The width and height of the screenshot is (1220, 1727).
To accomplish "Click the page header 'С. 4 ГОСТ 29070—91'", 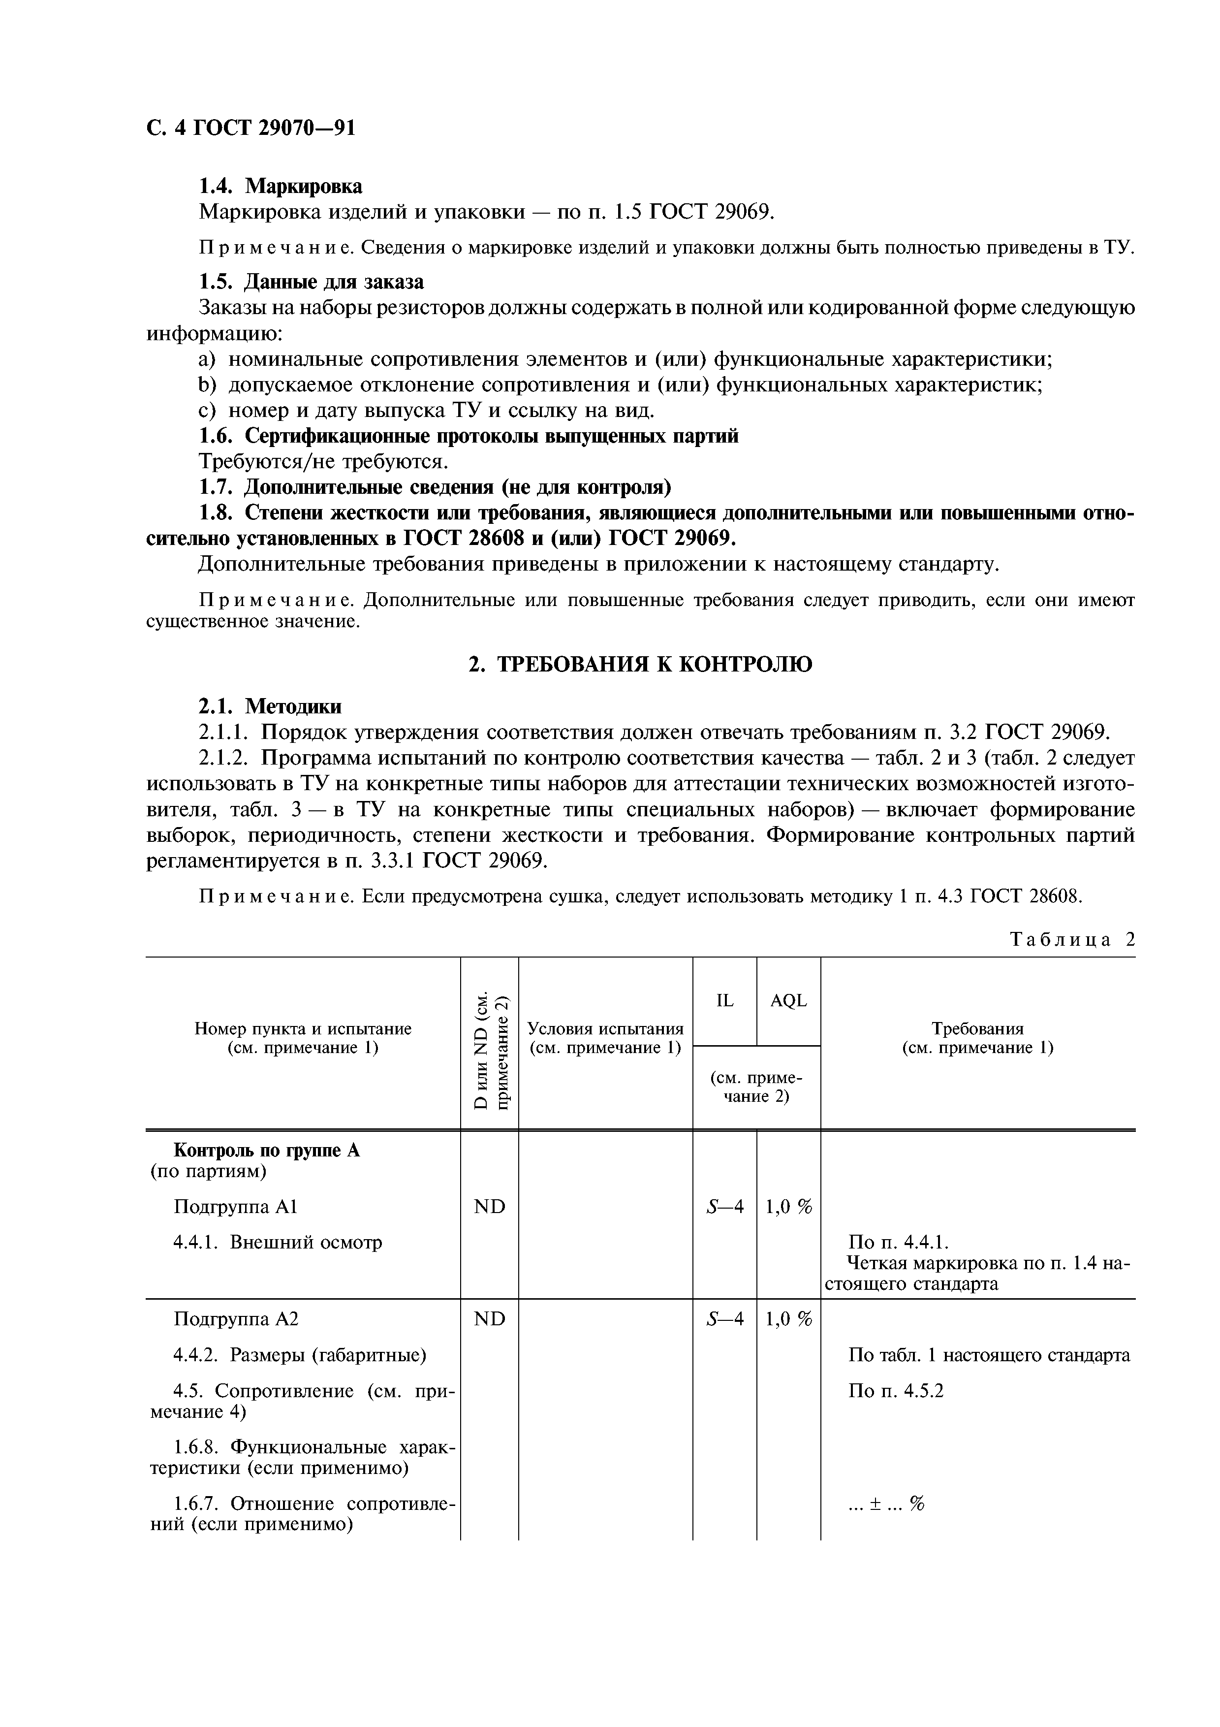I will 250,128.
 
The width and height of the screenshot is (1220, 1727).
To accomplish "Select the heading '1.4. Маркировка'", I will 280,185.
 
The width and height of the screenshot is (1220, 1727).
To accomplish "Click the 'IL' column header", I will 724,1000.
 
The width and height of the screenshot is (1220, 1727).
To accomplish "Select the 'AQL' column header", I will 788,1000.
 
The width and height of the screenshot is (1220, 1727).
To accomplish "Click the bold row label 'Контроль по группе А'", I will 266,1151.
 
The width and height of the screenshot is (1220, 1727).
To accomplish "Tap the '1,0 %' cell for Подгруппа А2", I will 788,1319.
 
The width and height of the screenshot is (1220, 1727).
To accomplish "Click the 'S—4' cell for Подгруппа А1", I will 724,1207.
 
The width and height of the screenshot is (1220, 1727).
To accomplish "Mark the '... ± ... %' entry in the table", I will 885,1503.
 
